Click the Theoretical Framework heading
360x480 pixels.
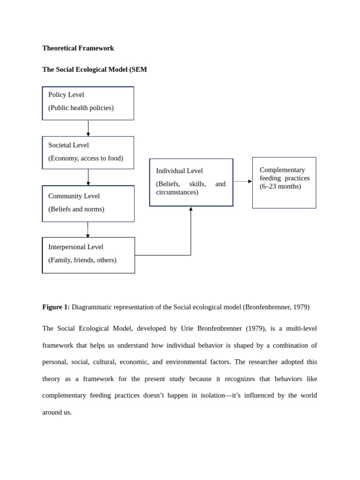(78, 48)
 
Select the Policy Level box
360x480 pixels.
(88, 103)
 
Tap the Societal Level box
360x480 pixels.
(88, 152)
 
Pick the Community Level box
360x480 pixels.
(88, 203)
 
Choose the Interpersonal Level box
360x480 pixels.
(88, 255)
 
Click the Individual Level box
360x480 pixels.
(191, 182)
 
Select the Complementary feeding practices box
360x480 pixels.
(284, 182)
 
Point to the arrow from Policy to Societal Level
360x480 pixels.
(88, 128)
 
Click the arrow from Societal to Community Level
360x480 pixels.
(88, 177)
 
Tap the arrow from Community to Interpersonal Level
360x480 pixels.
(88, 230)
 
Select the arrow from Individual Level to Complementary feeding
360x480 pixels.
(242, 181)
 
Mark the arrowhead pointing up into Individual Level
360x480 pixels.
(191, 209)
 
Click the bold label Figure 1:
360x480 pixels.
(56, 307)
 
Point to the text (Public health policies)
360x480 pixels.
(81, 108)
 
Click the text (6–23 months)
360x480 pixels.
(280, 186)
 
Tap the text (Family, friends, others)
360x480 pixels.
(82, 260)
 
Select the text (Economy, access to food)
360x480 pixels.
(86, 158)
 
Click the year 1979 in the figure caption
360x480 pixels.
(300, 307)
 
